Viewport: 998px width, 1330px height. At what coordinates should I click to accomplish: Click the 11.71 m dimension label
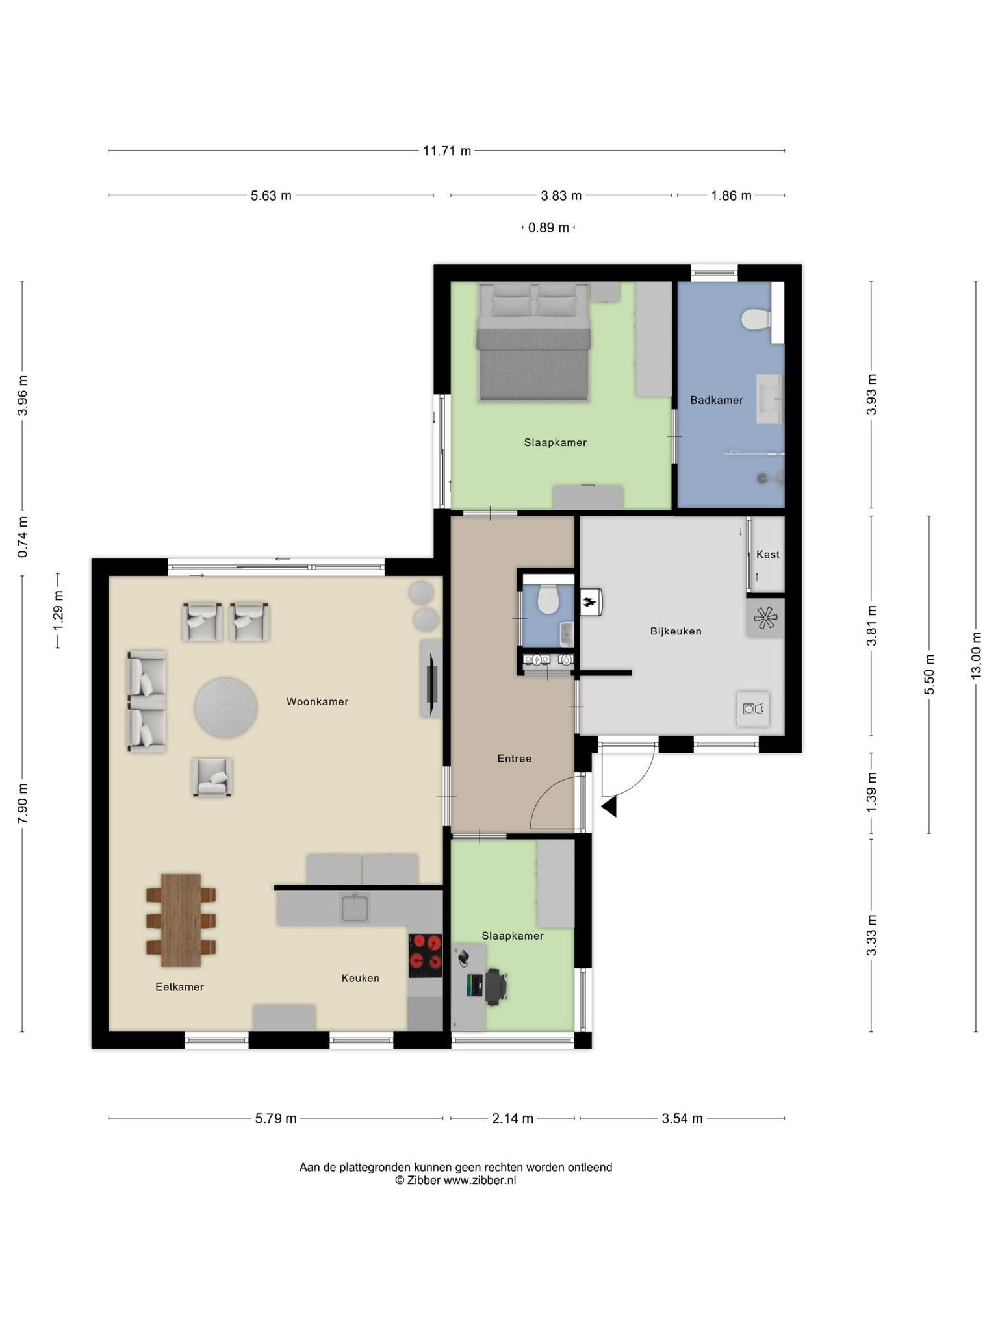point(447,151)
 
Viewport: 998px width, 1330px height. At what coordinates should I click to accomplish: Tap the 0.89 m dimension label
point(548,228)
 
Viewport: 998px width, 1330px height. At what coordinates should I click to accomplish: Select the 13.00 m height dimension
point(976,655)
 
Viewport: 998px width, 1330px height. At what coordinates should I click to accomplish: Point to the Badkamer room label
point(717,401)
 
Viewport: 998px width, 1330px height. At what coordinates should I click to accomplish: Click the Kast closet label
point(768,555)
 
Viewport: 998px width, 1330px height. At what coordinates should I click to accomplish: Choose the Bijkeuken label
point(676,631)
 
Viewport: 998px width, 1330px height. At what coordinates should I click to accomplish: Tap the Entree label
point(515,759)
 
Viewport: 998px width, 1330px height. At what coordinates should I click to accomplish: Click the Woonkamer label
point(318,702)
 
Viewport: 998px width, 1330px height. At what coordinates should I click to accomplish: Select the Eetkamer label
point(180,987)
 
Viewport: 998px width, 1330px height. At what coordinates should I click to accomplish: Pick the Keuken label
point(361,978)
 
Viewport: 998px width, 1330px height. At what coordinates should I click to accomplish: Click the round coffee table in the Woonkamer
point(226,708)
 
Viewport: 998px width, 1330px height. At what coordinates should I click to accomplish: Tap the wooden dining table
point(181,920)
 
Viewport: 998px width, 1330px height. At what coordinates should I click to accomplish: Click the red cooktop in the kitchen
point(426,955)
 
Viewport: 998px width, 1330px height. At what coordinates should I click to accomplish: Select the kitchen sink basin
point(355,909)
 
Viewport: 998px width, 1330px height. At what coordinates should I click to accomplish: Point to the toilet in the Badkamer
point(756,320)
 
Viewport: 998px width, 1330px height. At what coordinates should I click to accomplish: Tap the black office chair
point(495,987)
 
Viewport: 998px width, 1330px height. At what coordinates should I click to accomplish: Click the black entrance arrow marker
point(609,807)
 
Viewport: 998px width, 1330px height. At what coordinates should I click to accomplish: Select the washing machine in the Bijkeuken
point(753,709)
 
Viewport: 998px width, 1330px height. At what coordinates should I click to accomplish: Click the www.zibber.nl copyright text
point(480,1180)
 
